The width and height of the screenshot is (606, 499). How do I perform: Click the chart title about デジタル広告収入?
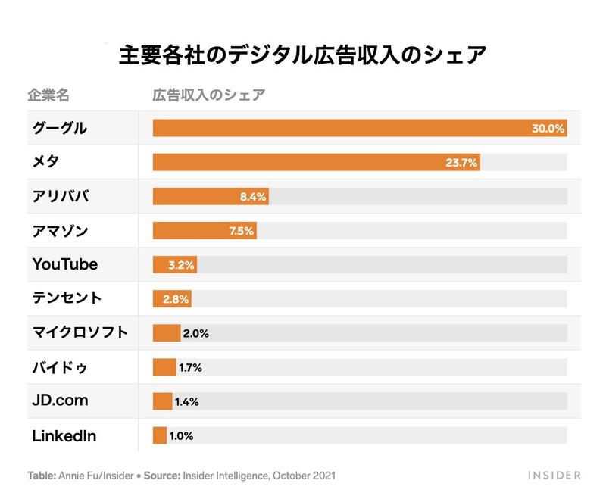303,57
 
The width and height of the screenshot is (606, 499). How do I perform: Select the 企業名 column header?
48,95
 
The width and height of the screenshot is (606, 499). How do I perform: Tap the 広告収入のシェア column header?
209,95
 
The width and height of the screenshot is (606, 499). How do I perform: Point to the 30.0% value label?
548,129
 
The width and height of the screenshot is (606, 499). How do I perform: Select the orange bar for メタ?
316,163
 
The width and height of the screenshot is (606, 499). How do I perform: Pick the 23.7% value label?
461,163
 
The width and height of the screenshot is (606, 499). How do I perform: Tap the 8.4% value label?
252,197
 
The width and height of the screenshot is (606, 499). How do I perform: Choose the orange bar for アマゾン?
205,231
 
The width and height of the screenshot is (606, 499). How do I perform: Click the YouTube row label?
65,264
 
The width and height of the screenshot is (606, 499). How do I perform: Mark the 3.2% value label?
180,265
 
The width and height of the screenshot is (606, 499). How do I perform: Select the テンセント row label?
67,298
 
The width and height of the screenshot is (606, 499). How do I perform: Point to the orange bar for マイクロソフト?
167,332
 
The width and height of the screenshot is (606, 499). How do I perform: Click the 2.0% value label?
195,332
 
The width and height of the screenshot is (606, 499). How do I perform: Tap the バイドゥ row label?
60,367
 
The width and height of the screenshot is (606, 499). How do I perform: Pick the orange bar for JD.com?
162,401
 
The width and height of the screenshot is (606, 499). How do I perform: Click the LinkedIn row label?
64,435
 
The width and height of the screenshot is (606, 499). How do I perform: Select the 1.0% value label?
182,435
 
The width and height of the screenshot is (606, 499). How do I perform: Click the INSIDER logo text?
554,476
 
